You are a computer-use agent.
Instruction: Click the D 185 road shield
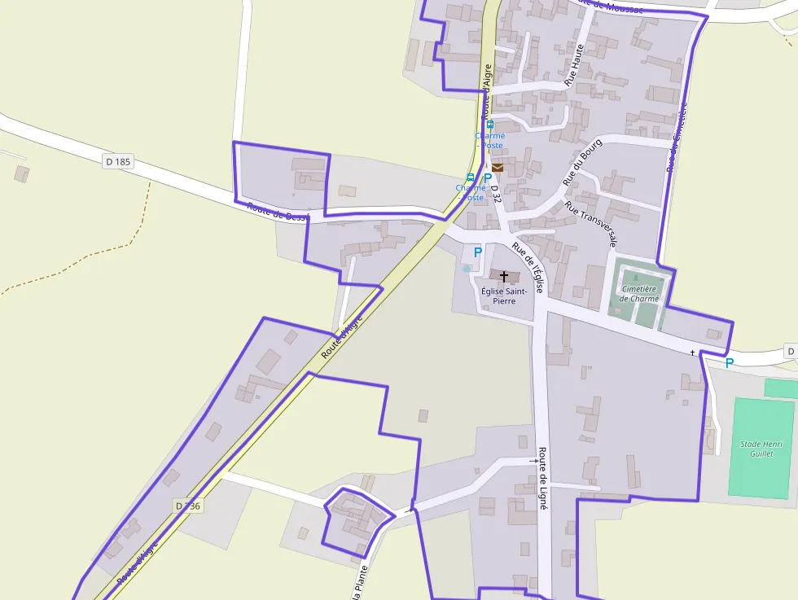click(x=118, y=162)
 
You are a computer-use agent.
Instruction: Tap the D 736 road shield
click(x=188, y=506)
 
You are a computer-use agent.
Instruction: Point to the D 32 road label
click(x=497, y=194)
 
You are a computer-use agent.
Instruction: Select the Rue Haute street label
click(x=575, y=65)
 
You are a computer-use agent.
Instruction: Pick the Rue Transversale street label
click(x=591, y=225)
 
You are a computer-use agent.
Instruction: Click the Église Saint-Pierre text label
click(x=503, y=296)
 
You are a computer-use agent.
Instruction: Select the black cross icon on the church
click(x=504, y=277)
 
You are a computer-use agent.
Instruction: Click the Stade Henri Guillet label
click(x=761, y=449)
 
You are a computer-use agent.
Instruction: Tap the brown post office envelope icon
click(x=498, y=167)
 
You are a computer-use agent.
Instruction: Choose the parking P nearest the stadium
click(x=730, y=363)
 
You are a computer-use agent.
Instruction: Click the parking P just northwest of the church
click(x=478, y=252)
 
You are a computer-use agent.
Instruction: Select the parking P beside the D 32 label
click(x=488, y=178)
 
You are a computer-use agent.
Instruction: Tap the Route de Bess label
click(x=278, y=212)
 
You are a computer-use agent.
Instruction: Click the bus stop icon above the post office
click(x=490, y=125)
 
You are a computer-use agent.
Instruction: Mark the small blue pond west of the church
click(x=467, y=268)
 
